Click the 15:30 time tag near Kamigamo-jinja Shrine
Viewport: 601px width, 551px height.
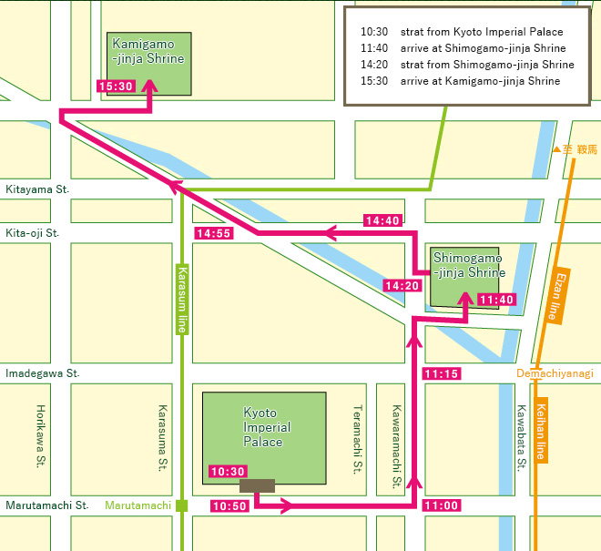(x=116, y=87)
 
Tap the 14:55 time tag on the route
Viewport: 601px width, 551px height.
(x=214, y=234)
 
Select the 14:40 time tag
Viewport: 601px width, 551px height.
(x=382, y=220)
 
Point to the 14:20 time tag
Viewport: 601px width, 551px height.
(x=402, y=286)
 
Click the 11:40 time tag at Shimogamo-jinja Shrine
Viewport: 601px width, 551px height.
(x=496, y=300)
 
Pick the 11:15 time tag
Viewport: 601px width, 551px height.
(x=442, y=373)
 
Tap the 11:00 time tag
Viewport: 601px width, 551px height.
(x=442, y=505)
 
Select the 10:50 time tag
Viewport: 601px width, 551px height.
(x=229, y=505)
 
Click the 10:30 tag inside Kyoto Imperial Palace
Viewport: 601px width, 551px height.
(x=228, y=471)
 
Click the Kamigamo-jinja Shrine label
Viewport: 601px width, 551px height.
(x=148, y=51)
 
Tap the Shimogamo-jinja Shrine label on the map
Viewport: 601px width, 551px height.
(x=468, y=265)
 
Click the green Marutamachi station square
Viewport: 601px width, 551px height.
(x=182, y=505)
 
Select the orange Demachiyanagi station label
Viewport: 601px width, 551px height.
(x=555, y=373)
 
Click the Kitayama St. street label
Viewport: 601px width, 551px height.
(x=37, y=189)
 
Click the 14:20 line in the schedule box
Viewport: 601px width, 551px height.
(x=467, y=65)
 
